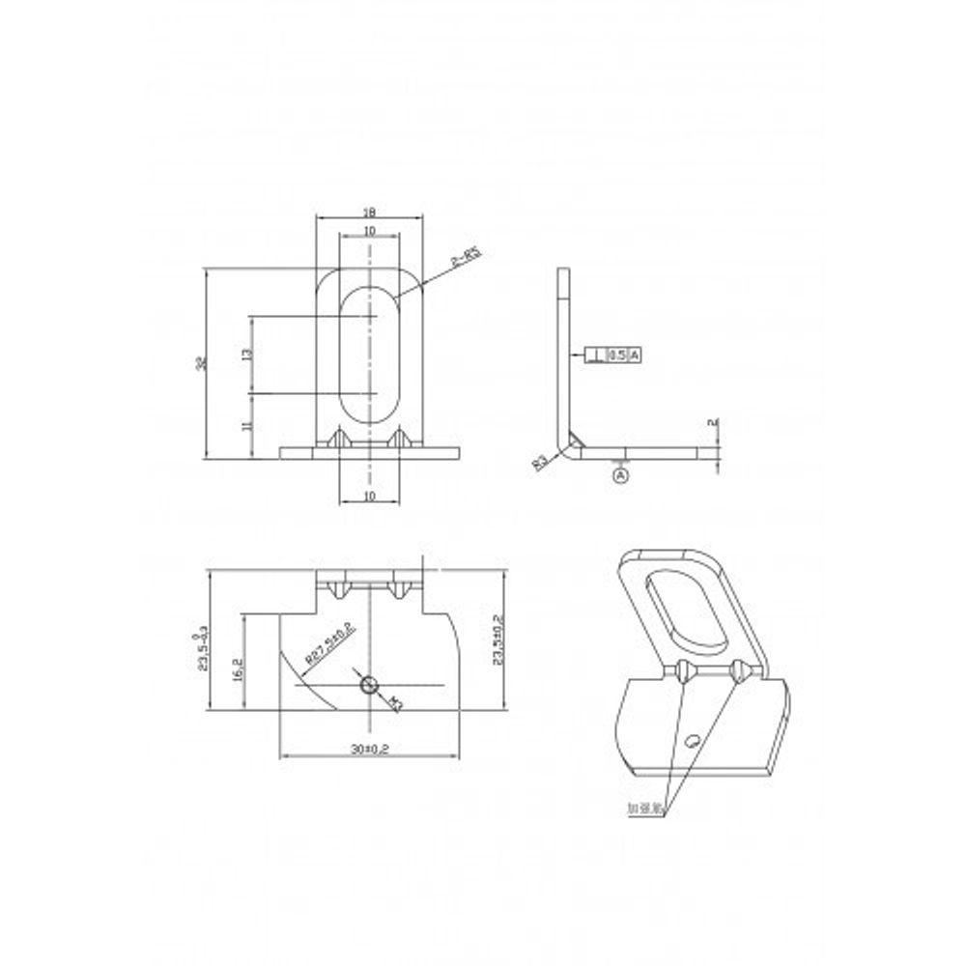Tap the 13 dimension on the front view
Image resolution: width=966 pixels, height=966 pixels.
248,355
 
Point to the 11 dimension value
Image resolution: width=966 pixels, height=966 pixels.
248,425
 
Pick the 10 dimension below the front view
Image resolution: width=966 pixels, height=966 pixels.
369,495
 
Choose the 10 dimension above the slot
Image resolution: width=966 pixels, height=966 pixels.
370,232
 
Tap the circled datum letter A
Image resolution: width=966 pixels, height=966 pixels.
621,474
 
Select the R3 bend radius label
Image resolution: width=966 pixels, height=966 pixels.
541,461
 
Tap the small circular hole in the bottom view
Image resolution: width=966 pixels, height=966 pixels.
369,685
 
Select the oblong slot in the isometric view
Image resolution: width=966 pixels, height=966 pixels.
687,611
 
